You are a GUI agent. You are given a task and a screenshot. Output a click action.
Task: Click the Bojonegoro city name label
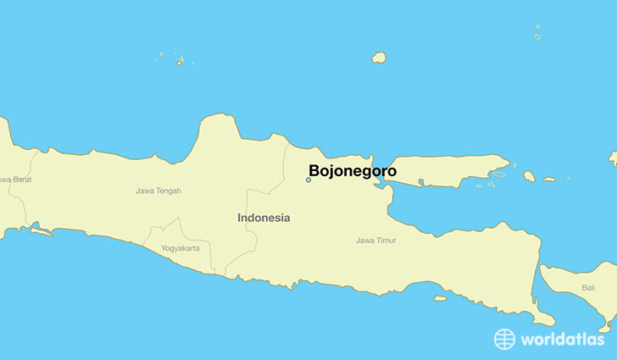[x=352, y=170]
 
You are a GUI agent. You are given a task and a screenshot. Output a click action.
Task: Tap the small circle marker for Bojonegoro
[x=308, y=180]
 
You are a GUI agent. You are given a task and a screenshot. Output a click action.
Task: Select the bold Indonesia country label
[x=264, y=218]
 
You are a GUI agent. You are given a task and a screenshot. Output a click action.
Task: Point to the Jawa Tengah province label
[x=158, y=191]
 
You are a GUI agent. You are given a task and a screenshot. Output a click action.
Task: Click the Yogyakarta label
[x=181, y=248]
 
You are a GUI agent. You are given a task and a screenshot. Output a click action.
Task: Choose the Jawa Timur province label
[x=375, y=241]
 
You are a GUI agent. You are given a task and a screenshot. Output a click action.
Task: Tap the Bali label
[x=588, y=288]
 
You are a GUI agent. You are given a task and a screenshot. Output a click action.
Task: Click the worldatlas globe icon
[x=505, y=339]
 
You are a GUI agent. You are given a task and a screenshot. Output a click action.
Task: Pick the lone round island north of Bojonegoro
[x=379, y=58]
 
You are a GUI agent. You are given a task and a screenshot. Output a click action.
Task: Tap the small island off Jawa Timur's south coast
[x=440, y=297]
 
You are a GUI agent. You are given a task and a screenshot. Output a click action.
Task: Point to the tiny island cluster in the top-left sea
[x=180, y=60]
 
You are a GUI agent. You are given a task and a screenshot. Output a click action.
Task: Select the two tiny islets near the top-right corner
[x=537, y=31]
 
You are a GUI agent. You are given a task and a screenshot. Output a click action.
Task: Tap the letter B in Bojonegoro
[x=314, y=170]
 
